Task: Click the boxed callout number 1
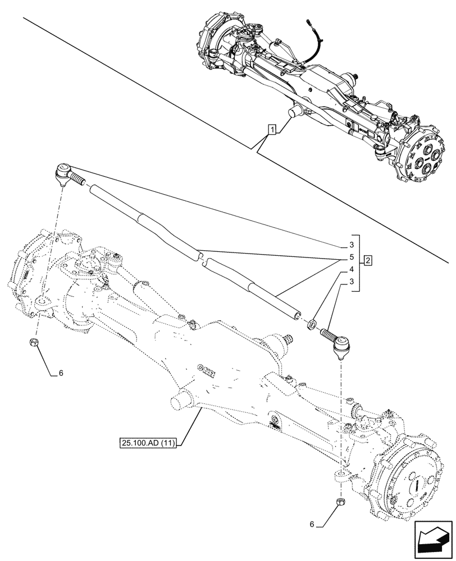pos(272,131)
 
